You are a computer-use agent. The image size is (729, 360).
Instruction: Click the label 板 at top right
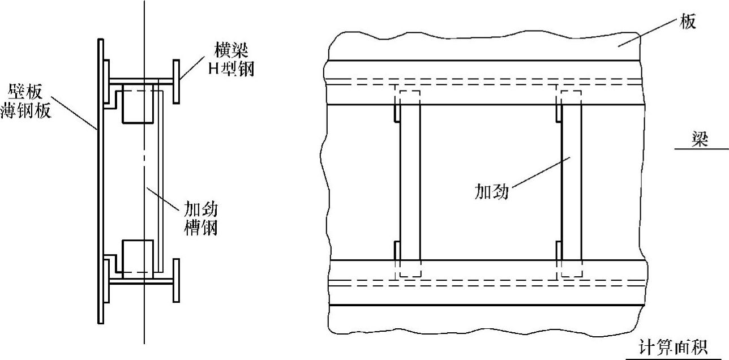[688, 23]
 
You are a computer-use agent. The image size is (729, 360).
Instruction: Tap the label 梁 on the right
[701, 139]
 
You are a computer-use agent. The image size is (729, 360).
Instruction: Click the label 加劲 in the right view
[491, 191]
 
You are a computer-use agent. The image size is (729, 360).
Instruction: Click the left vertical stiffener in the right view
[410, 181]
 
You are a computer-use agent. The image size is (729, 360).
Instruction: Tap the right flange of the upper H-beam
[177, 81]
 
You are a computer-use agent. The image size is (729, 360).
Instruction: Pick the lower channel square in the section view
[138, 258]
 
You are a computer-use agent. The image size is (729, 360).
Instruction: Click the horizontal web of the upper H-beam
[141, 80]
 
